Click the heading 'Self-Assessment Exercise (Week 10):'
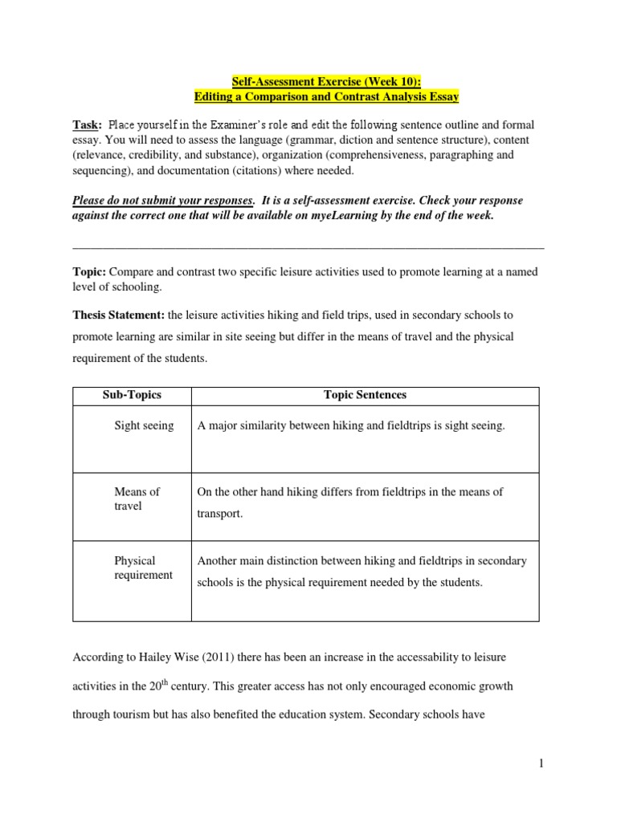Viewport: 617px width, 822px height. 326,81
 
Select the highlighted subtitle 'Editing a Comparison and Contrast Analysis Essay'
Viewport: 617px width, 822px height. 326,96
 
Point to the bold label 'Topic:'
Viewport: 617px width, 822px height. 89,272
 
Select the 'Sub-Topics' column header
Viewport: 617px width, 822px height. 132,395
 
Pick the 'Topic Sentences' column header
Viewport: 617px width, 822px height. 365,395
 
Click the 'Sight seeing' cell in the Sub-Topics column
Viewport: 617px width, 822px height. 144,425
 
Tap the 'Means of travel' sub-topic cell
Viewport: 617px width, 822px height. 137,498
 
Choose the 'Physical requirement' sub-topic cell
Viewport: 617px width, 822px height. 143,568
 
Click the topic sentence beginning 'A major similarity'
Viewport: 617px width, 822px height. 351,425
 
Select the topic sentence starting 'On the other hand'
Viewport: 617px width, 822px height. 349,503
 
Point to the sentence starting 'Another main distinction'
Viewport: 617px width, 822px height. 362,572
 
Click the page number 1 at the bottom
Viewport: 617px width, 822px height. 541,764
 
